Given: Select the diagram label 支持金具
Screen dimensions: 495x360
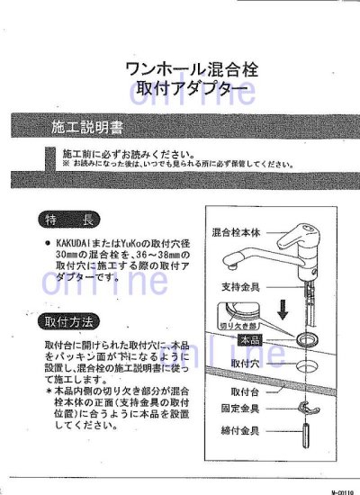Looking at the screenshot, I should [x=238, y=285].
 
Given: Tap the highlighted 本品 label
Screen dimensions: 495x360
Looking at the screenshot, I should [x=251, y=340].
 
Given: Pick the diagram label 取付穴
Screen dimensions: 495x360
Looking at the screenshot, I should [x=245, y=364].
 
